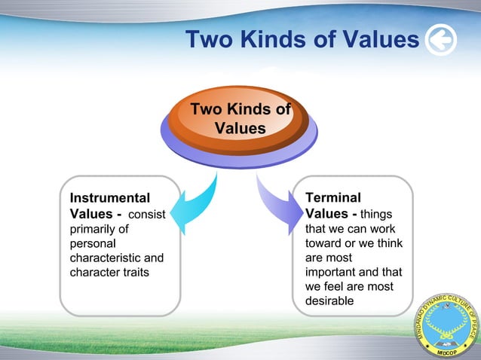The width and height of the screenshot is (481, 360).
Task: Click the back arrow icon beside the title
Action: click(x=440, y=40)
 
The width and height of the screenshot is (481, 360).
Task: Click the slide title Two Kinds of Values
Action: click(x=302, y=39)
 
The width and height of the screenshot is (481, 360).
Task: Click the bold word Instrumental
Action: click(x=109, y=198)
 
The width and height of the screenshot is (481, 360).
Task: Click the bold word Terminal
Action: click(x=332, y=198)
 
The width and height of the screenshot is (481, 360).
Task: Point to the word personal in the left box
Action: click(x=93, y=243)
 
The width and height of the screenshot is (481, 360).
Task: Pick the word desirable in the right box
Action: click(x=329, y=301)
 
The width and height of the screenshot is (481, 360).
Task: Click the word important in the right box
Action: click(x=332, y=272)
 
